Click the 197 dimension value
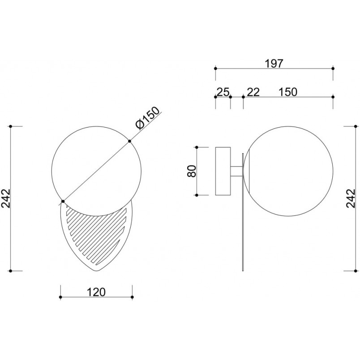click(274, 64)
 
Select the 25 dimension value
click(223, 92)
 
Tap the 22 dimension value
click(253, 92)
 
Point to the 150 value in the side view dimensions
click(288, 92)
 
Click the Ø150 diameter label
click(147, 118)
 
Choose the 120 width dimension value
click(96, 292)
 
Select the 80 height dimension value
click(192, 171)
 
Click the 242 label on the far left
click(5, 198)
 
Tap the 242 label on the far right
click(351, 198)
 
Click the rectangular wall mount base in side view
click(223, 171)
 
